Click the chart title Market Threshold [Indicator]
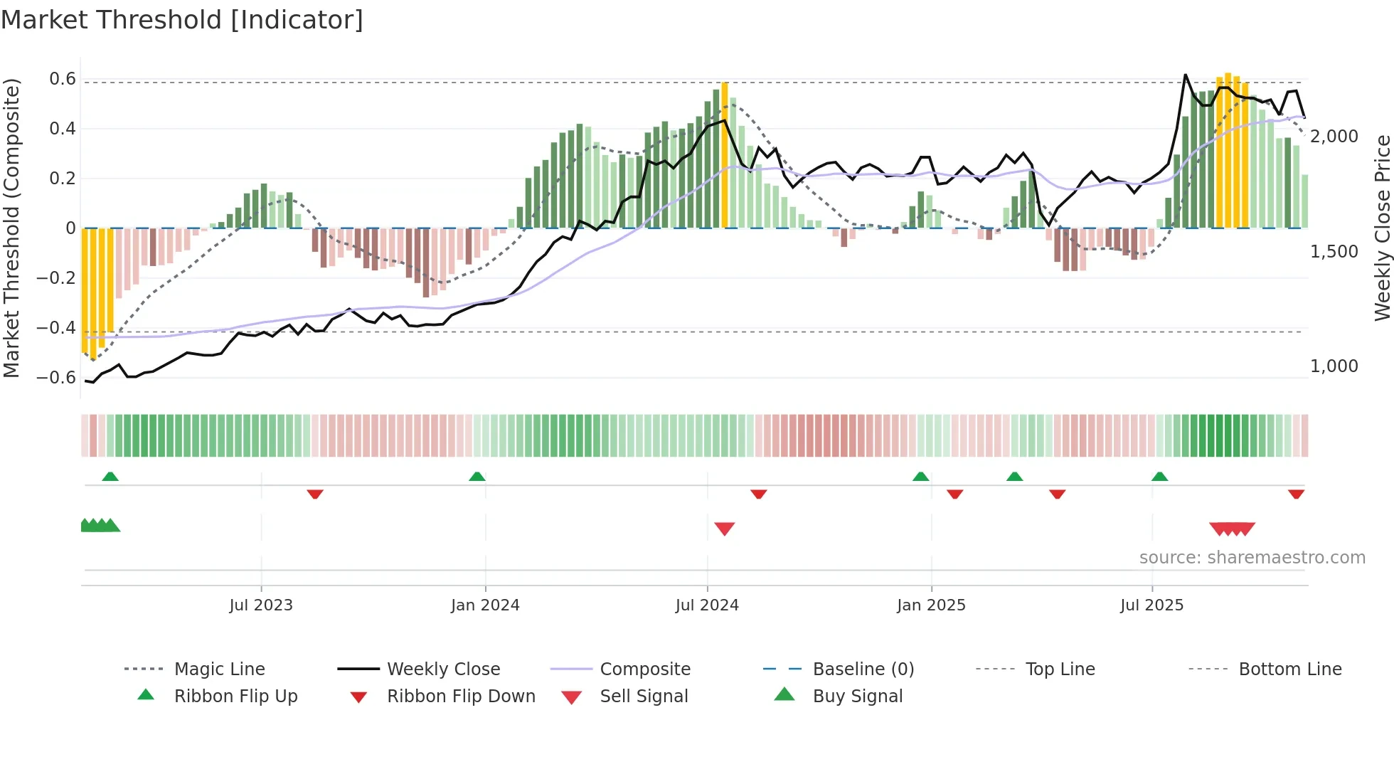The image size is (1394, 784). [182, 20]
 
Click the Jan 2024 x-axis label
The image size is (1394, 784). [485, 605]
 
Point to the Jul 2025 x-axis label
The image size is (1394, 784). [1151, 605]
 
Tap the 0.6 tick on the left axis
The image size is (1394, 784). [63, 79]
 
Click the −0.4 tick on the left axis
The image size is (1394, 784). [57, 328]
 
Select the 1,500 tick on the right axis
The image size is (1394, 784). [1334, 251]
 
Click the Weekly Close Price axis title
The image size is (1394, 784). [1382, 228]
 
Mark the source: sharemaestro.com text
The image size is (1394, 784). [1252, 557]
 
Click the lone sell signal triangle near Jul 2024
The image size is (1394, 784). [724, 528]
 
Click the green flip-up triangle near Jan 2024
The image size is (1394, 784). [477, 477]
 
